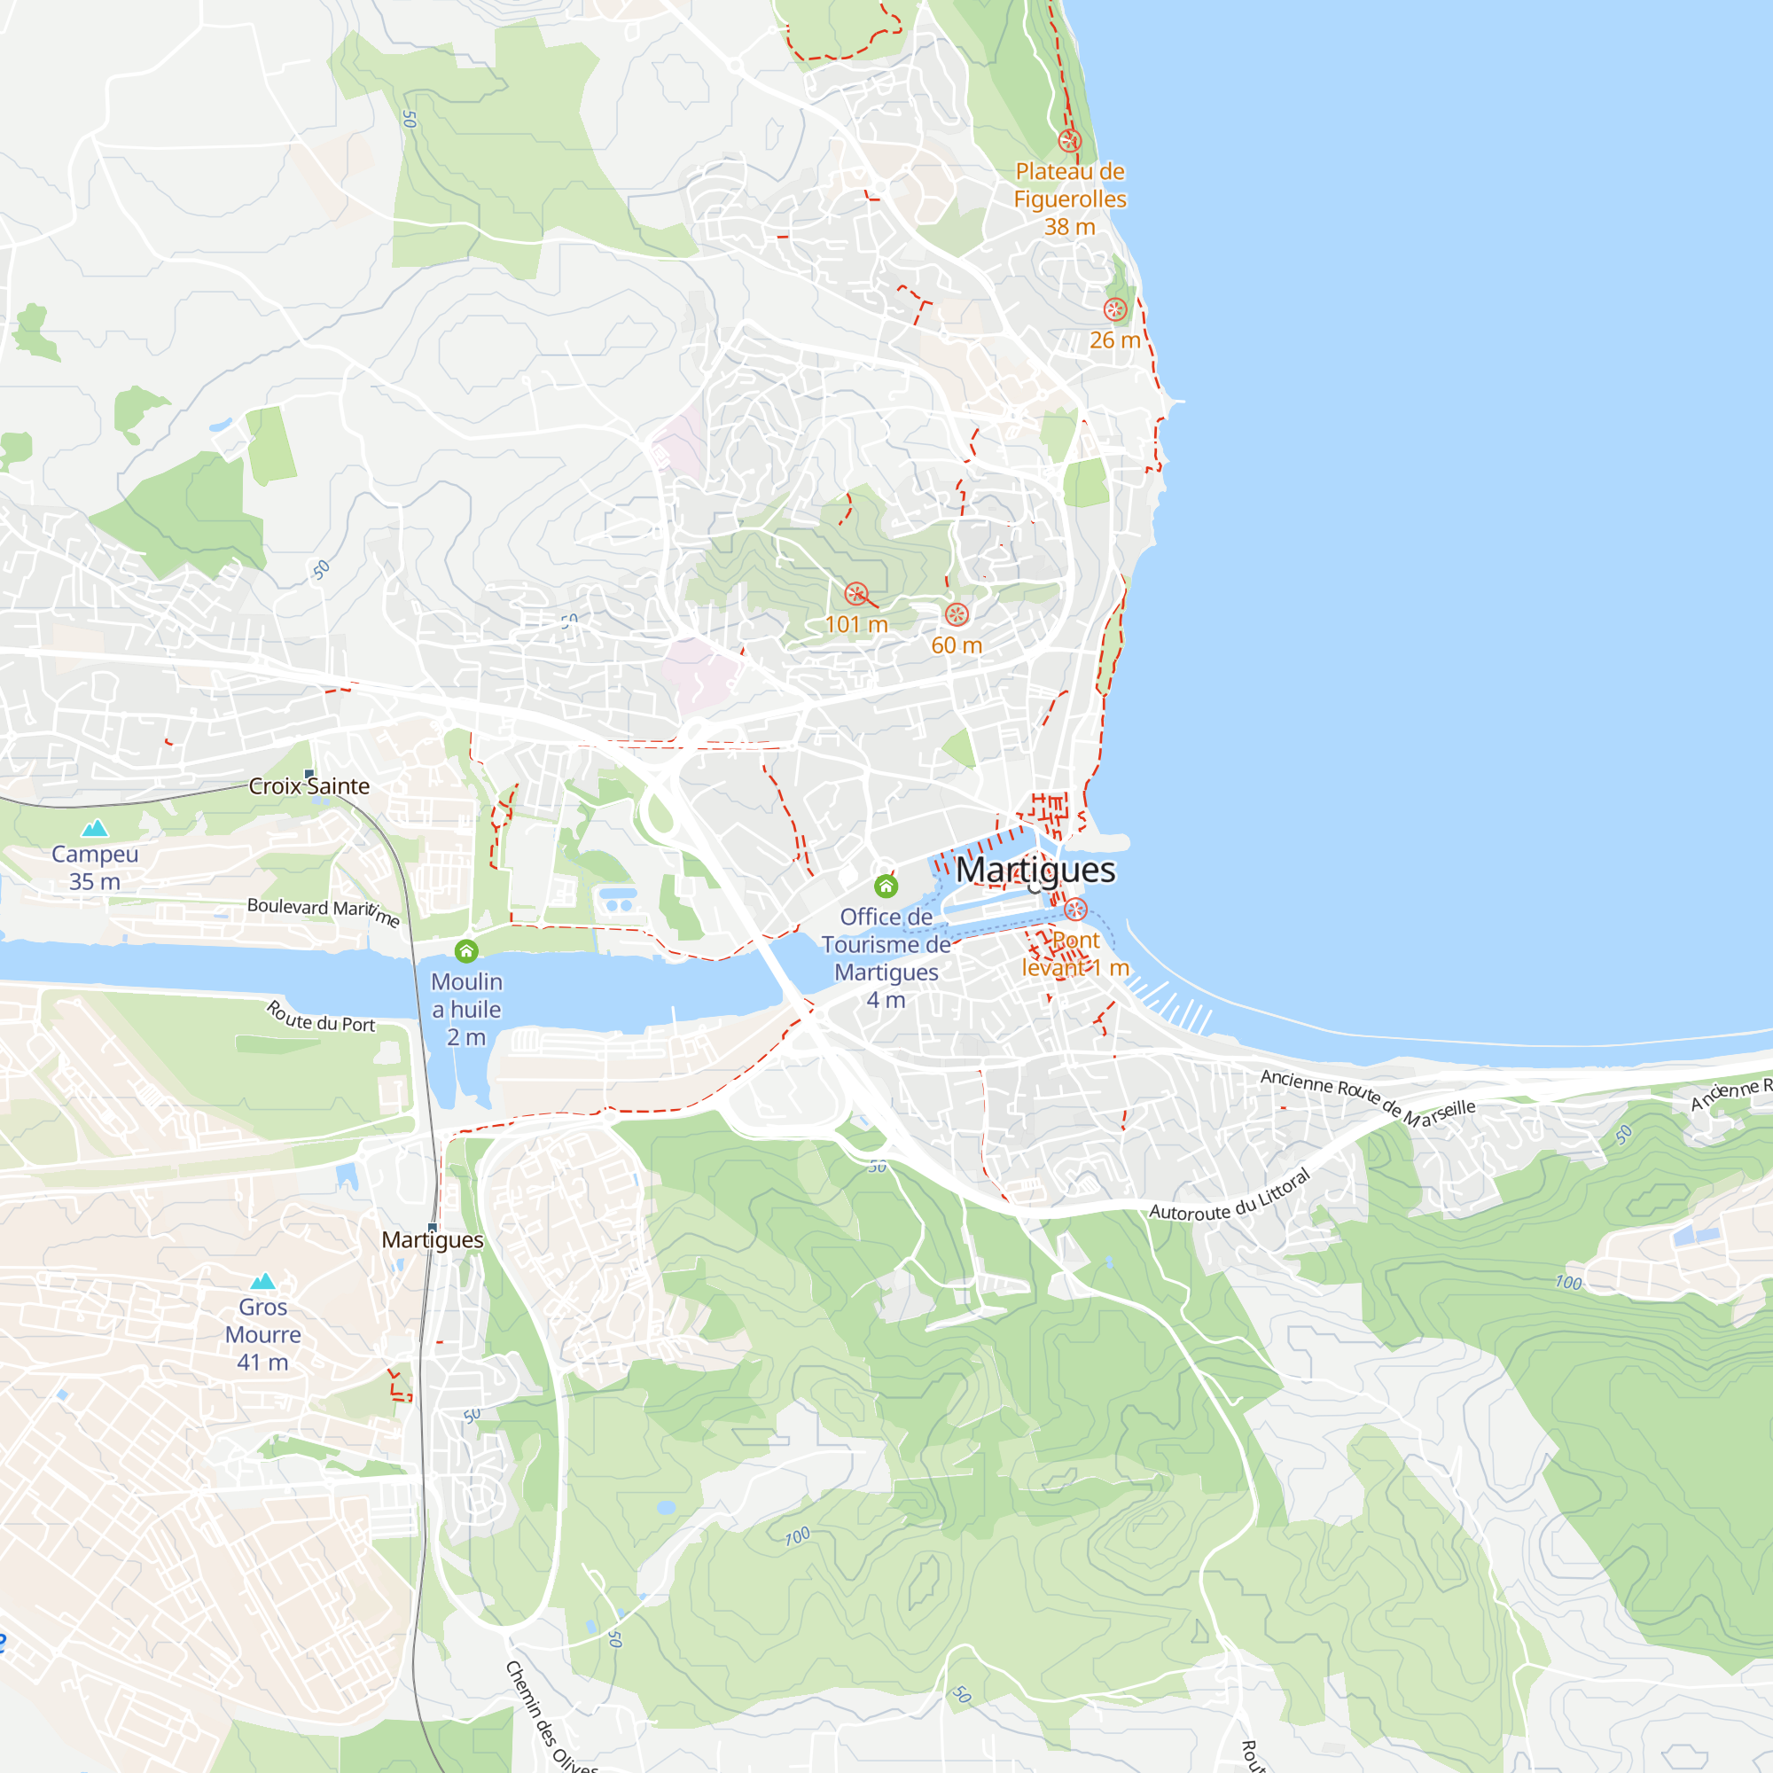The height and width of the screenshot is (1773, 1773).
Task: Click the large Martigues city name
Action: [x=1035, y=869]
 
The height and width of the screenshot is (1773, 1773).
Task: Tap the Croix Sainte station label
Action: [x=309, y=786]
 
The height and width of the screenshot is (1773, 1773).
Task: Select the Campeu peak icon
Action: [x=95, y=829]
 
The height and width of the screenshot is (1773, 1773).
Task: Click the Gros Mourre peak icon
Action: [x=263, y=1282]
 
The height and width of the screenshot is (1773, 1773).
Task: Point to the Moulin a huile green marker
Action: [x=466, y=950]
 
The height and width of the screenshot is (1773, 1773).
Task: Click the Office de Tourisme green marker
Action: [x=886, y=886]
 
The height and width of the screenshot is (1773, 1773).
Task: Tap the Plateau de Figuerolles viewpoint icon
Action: [x=1069, y=140]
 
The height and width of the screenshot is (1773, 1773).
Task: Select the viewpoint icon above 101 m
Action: [x=856, y=594]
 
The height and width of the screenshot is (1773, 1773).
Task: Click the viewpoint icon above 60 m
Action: [x=957, y=614]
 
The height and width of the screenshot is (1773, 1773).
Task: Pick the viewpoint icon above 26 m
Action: [x=1115, y=309]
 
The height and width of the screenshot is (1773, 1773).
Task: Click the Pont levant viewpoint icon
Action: [x=1075, y=910]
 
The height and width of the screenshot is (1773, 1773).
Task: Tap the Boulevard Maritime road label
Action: [x=323, y=911]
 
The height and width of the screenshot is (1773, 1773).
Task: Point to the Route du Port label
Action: [x=321, y=1018]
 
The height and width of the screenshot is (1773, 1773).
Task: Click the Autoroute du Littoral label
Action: [x=1230, y=1197]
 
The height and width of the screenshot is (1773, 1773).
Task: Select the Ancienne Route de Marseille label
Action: [x=1367, y=1097]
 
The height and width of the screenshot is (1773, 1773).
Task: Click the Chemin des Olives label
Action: [x=550, y=1717]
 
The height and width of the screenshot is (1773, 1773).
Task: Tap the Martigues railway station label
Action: [x=433, y=1240]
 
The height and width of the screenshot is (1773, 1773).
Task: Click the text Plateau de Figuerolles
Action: [x=1070, y=184]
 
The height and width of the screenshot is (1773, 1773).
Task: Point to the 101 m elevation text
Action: [x=856, y=625]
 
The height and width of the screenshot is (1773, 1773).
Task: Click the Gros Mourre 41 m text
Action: [x=263, y=1334]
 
